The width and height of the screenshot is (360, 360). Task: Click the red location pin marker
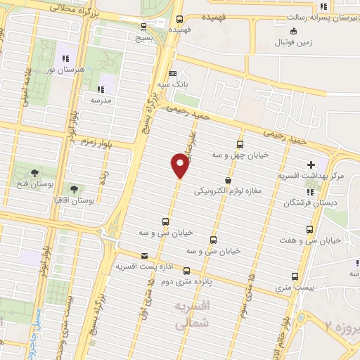tap(180, 165)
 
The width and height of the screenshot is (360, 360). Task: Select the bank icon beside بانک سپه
tap(173, 73)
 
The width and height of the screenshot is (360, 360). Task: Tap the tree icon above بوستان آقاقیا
tap(74, 188)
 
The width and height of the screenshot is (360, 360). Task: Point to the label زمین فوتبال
tap(305, 42)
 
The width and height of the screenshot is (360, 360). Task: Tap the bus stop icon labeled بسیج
tap(144, 27)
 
